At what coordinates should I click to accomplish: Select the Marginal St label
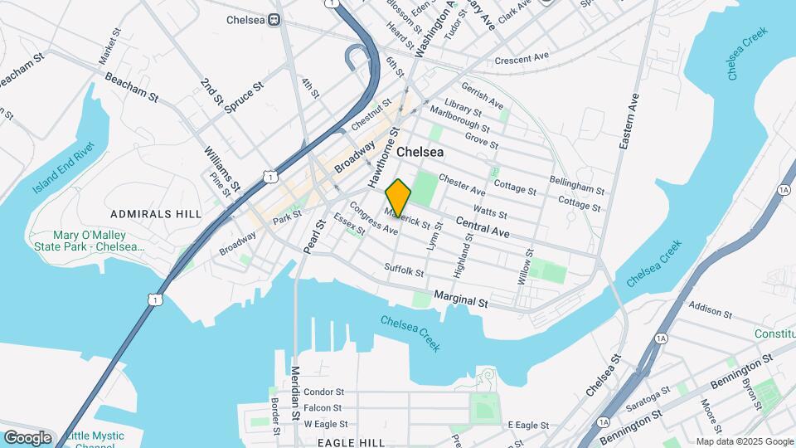(x=461, y=303)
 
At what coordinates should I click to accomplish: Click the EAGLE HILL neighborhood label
(x=352, y=443)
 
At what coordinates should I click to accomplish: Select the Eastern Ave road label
(x=630, y=121)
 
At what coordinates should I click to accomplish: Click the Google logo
(x=27, y=437)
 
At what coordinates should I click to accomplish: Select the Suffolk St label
(x=404, y=270)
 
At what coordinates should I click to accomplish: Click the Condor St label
(x=323, y=392)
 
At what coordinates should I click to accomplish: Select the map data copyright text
(x=744, y=441)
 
